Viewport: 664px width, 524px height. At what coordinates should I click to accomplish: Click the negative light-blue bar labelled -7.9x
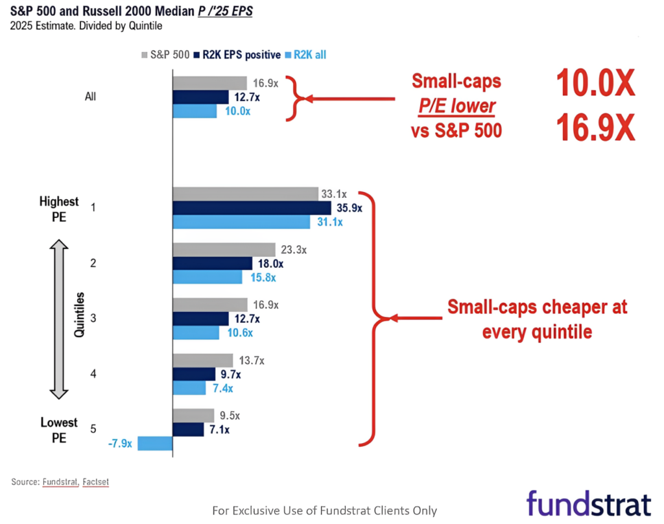[155, 444]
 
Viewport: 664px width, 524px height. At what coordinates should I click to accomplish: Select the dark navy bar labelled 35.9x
[252, 208]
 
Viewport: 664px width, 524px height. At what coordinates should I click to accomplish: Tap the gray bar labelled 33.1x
[246, 194]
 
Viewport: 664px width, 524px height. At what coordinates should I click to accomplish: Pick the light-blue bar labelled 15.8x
[207, 277]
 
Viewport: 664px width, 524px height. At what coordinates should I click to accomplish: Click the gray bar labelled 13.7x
[203, 361]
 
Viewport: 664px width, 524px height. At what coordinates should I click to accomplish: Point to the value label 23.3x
[294, 250]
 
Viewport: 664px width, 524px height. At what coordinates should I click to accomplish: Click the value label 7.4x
[223, 388]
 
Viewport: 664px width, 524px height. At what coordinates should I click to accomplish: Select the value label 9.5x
[230, 416]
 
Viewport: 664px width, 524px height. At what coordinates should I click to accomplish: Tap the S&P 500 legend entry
[165, 54]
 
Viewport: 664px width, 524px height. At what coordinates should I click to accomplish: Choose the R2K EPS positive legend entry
[237, 54]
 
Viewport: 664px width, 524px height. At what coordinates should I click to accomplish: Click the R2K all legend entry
[306, 54]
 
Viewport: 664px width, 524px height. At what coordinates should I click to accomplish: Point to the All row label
[90, 97]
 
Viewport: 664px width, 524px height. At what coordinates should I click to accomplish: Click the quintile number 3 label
[93, 318]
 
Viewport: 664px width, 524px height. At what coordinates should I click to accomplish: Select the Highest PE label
[59, 209]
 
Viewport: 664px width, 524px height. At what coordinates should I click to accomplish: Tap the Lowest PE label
[59, 430]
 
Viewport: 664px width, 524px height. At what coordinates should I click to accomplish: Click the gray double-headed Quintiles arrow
[59, 320]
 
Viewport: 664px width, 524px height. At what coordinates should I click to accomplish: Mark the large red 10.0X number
[595, 83]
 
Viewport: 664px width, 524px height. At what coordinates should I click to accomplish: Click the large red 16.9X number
[595, 127]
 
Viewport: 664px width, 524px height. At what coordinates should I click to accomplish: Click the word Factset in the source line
[96, 482]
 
